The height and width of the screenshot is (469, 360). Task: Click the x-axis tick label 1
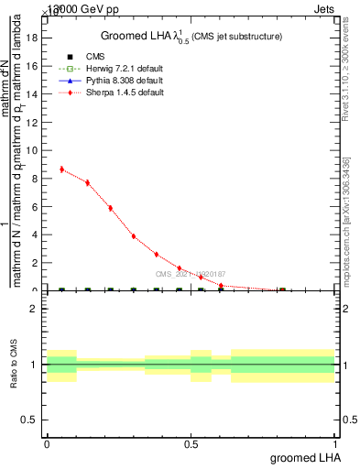[336, 444]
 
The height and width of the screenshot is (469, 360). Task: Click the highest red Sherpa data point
[61, 169]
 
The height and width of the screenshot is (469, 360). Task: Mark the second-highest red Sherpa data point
[87, 182]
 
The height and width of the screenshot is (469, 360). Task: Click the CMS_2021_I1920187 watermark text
[190, 274]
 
